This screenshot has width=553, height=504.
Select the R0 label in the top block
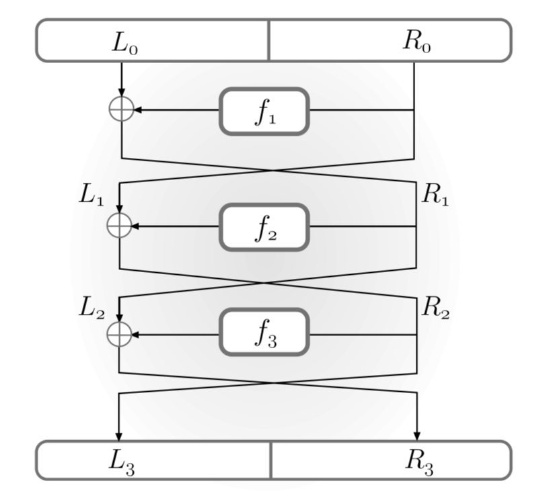(417, 42)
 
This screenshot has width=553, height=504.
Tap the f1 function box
(264, 111)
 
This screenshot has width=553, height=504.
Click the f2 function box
(264, 227)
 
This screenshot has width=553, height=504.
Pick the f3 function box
(264, 332)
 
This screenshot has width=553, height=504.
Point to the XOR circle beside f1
(121, 109)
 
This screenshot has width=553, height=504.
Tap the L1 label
(91, 195)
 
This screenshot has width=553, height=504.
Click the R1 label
(434, 195)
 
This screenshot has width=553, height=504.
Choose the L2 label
(91, 308)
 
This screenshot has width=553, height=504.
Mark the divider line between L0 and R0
(269, 40)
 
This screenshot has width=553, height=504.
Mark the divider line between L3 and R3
(271, 460)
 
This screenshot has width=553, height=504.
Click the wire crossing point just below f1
(273, 171)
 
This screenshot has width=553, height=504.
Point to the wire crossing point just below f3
(269, 383)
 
